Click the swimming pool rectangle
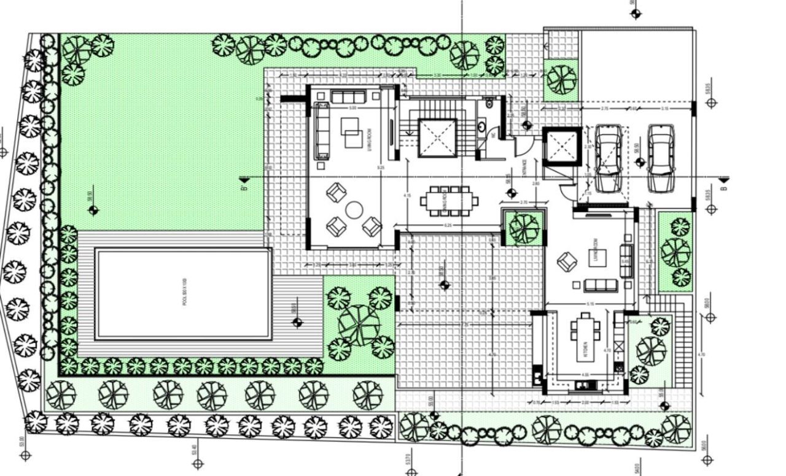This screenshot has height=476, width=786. (183, 293)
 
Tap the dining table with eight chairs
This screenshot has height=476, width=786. (449, 201)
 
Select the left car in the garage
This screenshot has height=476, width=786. (607, 158)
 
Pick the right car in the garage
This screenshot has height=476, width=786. (661, 158)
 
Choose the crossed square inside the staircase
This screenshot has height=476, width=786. (437, 138)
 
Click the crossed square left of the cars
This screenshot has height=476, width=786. (561, 147)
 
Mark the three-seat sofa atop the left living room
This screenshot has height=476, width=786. (348, 96)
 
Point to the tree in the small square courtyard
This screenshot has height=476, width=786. (523, 228)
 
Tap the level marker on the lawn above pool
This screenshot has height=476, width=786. (93, 210)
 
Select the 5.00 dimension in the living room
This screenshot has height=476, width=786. (352, 108)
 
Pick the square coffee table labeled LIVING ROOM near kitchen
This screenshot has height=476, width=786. (597, 258)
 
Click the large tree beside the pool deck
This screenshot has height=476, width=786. (359, 324)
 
